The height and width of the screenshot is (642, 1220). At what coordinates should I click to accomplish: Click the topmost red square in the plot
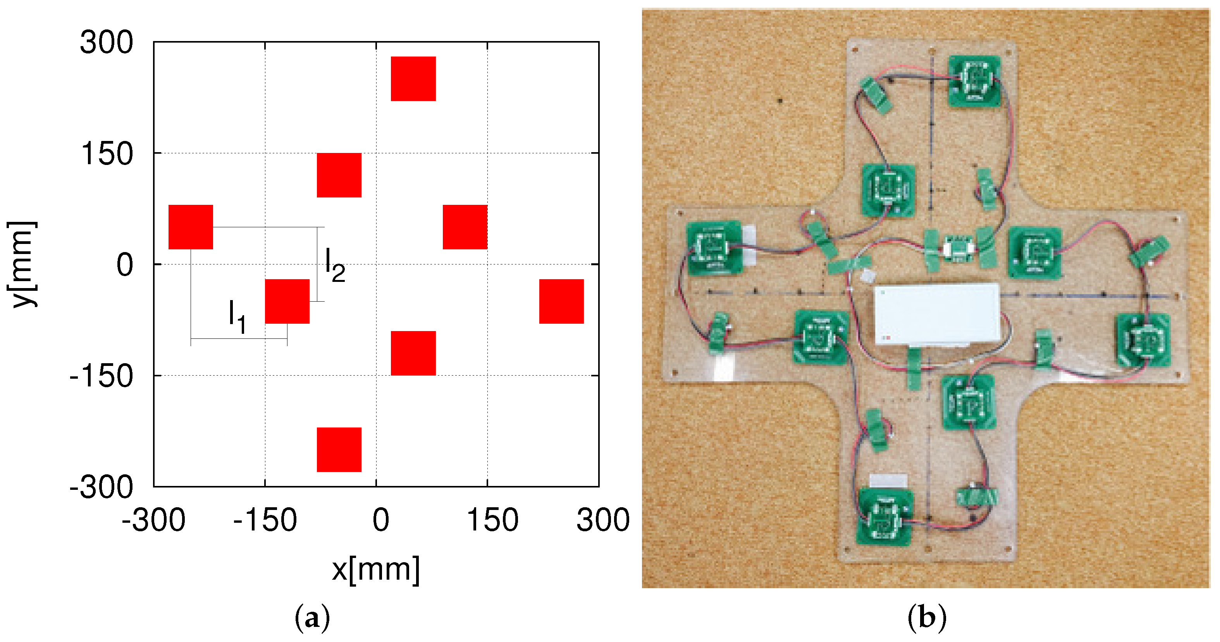[x=413, y=79]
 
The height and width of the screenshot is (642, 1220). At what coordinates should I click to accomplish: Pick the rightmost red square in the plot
[x=561, y=301]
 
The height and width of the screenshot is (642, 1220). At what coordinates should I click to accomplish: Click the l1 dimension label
[x=237, y=317]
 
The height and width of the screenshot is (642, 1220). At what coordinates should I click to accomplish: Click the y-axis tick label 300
[x=107, y=43]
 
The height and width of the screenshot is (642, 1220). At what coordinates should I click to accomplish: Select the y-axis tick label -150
[x=102, y=376]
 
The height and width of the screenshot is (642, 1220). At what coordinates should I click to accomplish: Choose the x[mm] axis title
[x=375, y=570]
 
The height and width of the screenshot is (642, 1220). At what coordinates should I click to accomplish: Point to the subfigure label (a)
[x=312, y=618]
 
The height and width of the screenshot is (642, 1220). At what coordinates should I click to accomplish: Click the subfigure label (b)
[x=927, y=618]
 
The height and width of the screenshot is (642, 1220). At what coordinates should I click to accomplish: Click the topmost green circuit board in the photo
[x=974, y=81]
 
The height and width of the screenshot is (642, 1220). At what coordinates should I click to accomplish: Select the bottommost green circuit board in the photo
[x=884, y=517]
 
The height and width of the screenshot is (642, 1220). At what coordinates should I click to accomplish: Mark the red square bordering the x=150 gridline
[x=465, y=227]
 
